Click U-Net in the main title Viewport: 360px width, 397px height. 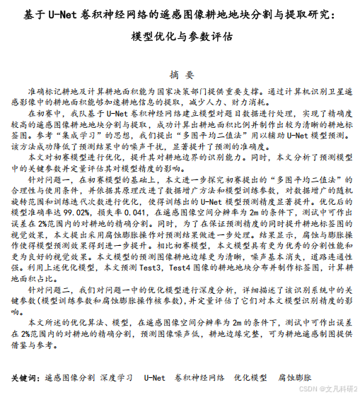pos(57,13)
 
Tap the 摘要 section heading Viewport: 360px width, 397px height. pos(180,74)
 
